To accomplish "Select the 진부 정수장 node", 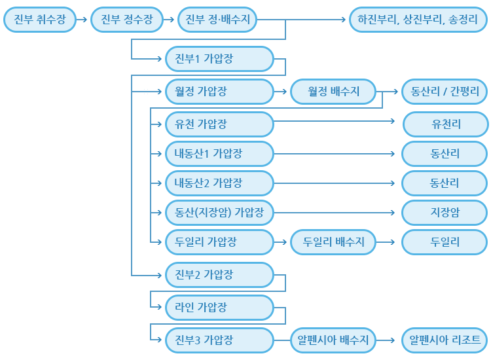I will (127, 20).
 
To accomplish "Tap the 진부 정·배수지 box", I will (218, 20).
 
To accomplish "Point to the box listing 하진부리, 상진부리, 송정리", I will (418, 20).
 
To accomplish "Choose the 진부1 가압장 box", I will (219, 60).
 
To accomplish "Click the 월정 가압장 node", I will (219, 92).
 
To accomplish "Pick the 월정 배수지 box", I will (334, 92).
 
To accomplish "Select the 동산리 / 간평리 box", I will (445, 92).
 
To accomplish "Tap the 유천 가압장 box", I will (219, 123).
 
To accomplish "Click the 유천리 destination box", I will (445, 123).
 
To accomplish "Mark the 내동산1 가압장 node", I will (219, 154).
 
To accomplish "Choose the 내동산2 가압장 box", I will (219, 183).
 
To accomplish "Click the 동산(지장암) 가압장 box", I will (219, 212).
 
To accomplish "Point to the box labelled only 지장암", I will (445, 212).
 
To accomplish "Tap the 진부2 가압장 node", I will (219, 275).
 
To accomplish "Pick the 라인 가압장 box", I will (219, 306).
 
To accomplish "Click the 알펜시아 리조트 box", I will (445, 340).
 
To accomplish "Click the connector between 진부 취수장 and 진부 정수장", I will (82, 20).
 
